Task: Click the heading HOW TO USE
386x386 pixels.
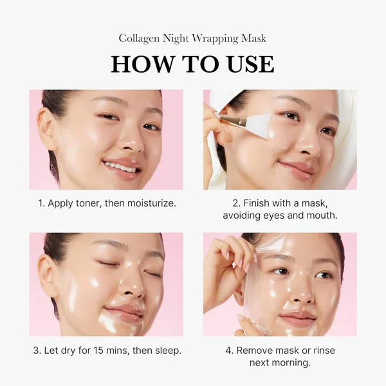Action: click(192, 64)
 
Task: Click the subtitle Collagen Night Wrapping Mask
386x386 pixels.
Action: click(192, 39)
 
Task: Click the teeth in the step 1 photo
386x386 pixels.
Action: click(120, 166)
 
